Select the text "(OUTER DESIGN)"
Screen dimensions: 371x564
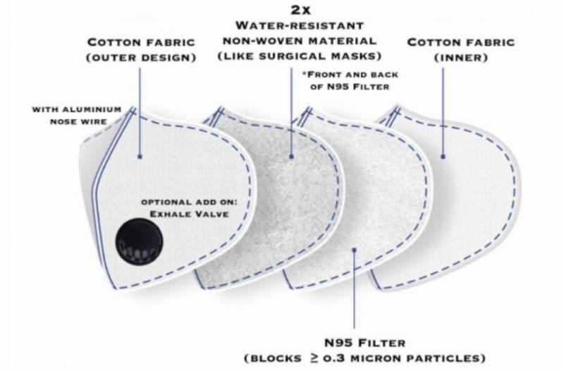tap(140, 57)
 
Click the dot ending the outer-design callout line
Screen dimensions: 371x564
tap(140, 156)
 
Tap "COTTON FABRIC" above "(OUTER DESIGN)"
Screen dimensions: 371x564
tap(140, 42)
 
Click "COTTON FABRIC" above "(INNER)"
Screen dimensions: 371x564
tap(451, 42)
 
